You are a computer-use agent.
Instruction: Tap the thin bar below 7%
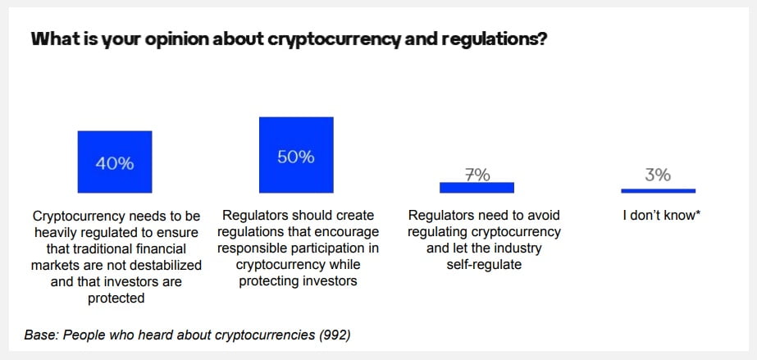point(477,188)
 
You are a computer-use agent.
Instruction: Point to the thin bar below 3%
point(658,190)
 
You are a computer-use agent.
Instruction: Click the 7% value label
point(477,174)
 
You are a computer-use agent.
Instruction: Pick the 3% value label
point(658,174)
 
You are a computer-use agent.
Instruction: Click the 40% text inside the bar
point(114,162)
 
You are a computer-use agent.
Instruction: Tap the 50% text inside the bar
point(296,157)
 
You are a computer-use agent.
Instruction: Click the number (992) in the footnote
point(335,335)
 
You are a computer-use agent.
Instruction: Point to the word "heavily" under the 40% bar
point(55,233)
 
